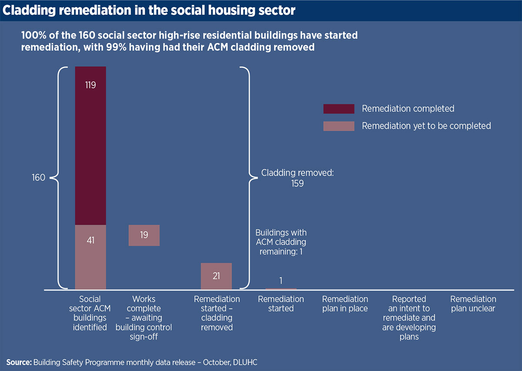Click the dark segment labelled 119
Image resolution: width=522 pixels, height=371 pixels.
(90, 146)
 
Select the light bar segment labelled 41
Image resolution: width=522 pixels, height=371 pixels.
(90, 257)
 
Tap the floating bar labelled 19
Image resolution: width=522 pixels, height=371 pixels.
(144, 235)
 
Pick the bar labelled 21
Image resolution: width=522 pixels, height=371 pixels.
(216, 276)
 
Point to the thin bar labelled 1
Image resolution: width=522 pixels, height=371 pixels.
(281, 289)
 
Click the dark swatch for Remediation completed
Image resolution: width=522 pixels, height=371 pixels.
(338, 109)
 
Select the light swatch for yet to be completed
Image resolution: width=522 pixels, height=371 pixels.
(338, 126)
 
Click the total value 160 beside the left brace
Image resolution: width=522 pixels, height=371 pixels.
(39, 178)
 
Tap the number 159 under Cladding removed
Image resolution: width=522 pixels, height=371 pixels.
(297, 184)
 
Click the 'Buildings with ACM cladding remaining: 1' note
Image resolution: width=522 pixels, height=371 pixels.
(281, 242)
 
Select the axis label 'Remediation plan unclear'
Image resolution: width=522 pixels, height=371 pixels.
(473, 304)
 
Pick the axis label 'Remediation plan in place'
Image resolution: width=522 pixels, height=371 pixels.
(345, 304)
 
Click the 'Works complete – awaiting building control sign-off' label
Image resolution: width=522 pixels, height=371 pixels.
(144, 318)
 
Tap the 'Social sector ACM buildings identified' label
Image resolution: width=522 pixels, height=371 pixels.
(90, 313)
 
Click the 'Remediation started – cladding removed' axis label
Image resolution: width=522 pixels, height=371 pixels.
(217, 313)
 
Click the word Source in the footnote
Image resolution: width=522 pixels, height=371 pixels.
(18, 362)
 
